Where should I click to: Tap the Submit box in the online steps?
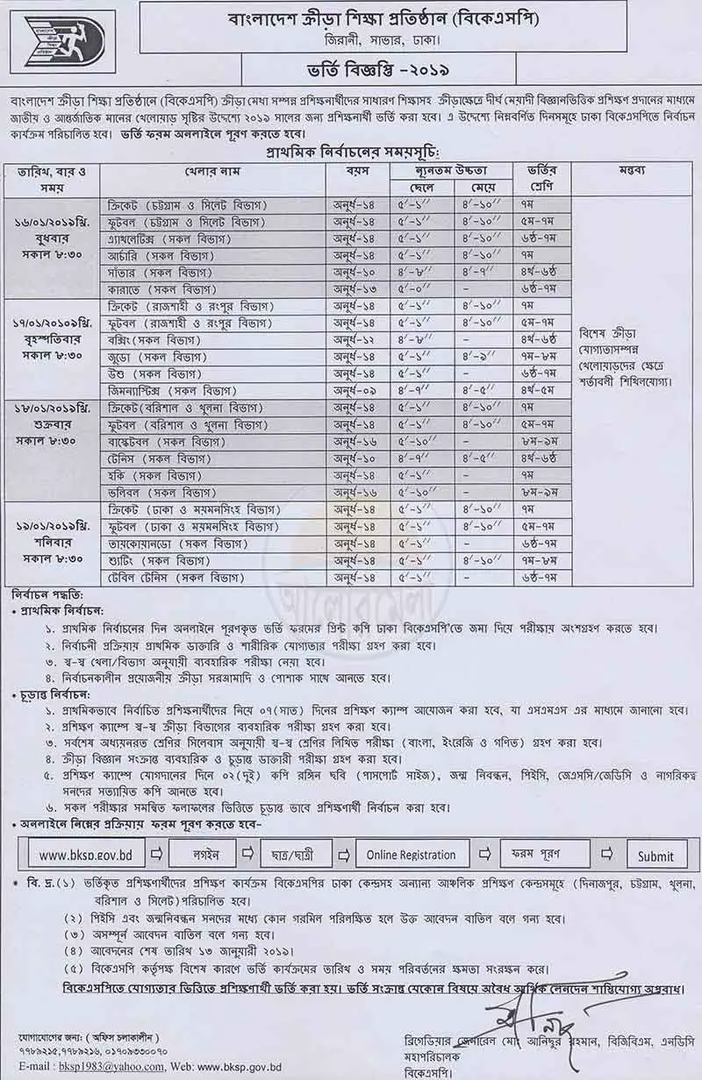(655, 856)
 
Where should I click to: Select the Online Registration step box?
(411, 855)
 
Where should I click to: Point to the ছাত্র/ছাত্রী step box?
(303, 855)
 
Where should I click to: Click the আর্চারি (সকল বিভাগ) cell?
(155, 255)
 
